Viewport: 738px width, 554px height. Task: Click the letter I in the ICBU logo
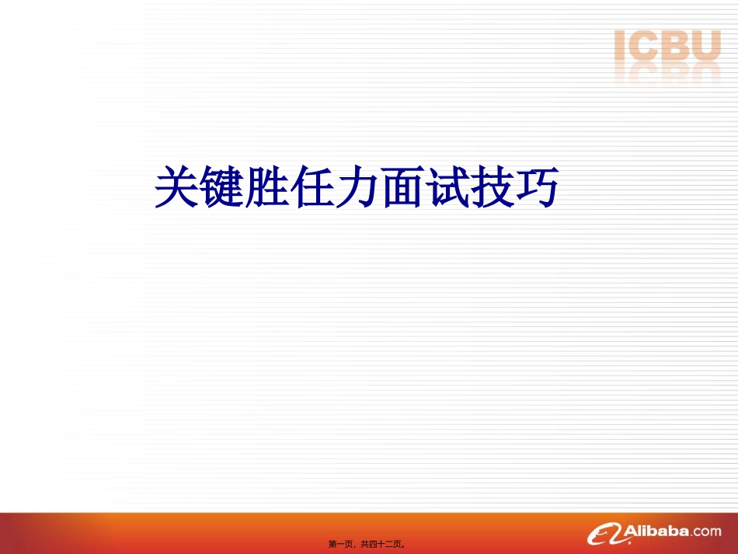pyautogui.click(x=620, y=46)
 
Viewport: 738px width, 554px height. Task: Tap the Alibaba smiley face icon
pyautogui.click(x=606, y=533)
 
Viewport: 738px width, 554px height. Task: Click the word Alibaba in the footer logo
pyautogui.click(x=657, y=531)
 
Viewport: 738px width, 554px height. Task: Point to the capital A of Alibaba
pyautogui.click(x=632, y=531)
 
